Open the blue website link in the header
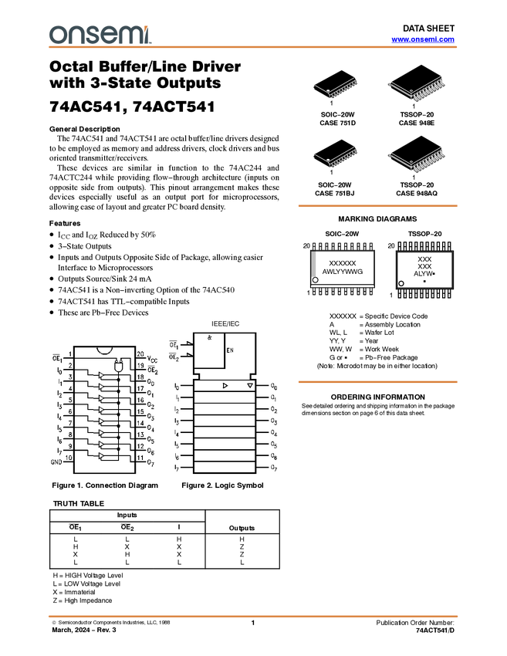click(x=423, y=39)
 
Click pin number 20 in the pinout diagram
click(x=140, y=354)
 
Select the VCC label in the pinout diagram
click(x=152, y=359)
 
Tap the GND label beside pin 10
click(x=56, y=462)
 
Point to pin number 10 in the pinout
click(x=69, y=458)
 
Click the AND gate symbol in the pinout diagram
click(x=118, y=366)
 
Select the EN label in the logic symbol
click(x=229, y=350)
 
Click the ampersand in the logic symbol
click(x=209, y=337)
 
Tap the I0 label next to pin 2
click(x=59, y=370)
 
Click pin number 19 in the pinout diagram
click(x=140, y=365)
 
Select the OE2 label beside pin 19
click(x=152, y=370)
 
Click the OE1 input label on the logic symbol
click(x=174, y=344)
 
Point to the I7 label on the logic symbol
click(x=177, y=468)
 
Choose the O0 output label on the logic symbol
click(x=273, y=385)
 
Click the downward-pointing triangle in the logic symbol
click(x=249, y=385)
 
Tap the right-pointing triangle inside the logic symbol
click(x=225, y=385)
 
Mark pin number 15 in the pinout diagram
click(x=140, y=411)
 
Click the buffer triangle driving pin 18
click(x=101, y=376)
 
